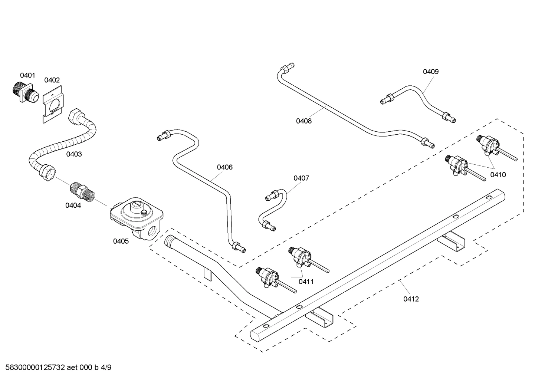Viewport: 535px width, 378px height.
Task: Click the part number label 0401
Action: pos(27,75)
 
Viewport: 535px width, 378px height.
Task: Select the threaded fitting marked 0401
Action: pos(25,93)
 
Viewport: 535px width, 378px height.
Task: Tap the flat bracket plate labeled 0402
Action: pos(53,104)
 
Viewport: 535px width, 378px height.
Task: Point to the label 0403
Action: pos(74,154)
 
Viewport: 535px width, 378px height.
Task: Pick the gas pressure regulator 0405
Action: pos(137,218)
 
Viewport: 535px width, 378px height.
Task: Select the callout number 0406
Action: pos(225,167)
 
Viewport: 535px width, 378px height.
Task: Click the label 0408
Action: pos(304,121)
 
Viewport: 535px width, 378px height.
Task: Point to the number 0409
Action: pos(431,72)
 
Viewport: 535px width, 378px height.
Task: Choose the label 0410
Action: pos(498,175)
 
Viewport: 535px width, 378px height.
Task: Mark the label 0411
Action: pos(306,282)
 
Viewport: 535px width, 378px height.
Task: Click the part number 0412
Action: pos(411,299)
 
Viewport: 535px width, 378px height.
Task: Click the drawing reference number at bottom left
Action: pos(58,368)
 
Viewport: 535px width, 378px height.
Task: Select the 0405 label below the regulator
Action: pos(121,241)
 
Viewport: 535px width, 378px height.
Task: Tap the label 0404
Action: pos(73,206)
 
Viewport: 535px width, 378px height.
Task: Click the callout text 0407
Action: pos(301,178)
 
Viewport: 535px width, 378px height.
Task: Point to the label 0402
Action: pos(52,80)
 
